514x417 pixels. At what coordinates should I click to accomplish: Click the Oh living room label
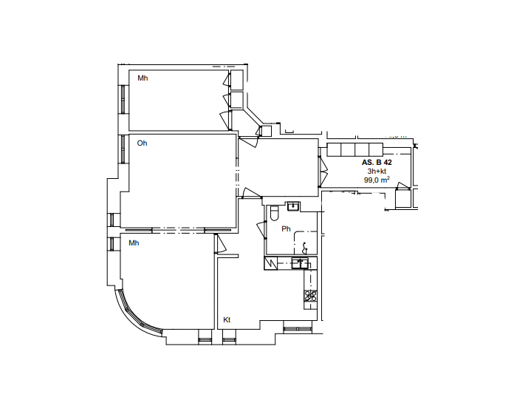[142, 143]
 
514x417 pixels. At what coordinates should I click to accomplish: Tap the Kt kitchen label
[227, 320]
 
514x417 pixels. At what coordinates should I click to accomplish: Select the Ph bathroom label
[286, 229]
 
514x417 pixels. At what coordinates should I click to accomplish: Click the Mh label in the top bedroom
[143, 78]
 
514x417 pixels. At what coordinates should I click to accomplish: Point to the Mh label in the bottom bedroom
[134, 243]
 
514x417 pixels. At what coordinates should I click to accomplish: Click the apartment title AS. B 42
[377, 163]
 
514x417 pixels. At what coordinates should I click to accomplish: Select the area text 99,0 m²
[377, 180]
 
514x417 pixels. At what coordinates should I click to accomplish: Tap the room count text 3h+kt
[377, 172]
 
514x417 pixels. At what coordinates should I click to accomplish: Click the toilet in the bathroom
[274, 213]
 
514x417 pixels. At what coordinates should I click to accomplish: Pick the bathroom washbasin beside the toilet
[293, 206]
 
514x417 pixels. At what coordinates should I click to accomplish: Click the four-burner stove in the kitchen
[310, 296]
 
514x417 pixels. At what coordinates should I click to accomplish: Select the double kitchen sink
[300, 263]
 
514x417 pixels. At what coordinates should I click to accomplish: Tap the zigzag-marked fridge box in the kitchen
[271, 263]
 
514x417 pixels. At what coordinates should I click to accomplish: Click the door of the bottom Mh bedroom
[220, 243]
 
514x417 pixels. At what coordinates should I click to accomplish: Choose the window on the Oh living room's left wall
[123, 149]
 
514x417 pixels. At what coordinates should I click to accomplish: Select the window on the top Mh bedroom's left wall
[123, 99]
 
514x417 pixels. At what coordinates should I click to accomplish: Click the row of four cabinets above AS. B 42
[354, 149]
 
